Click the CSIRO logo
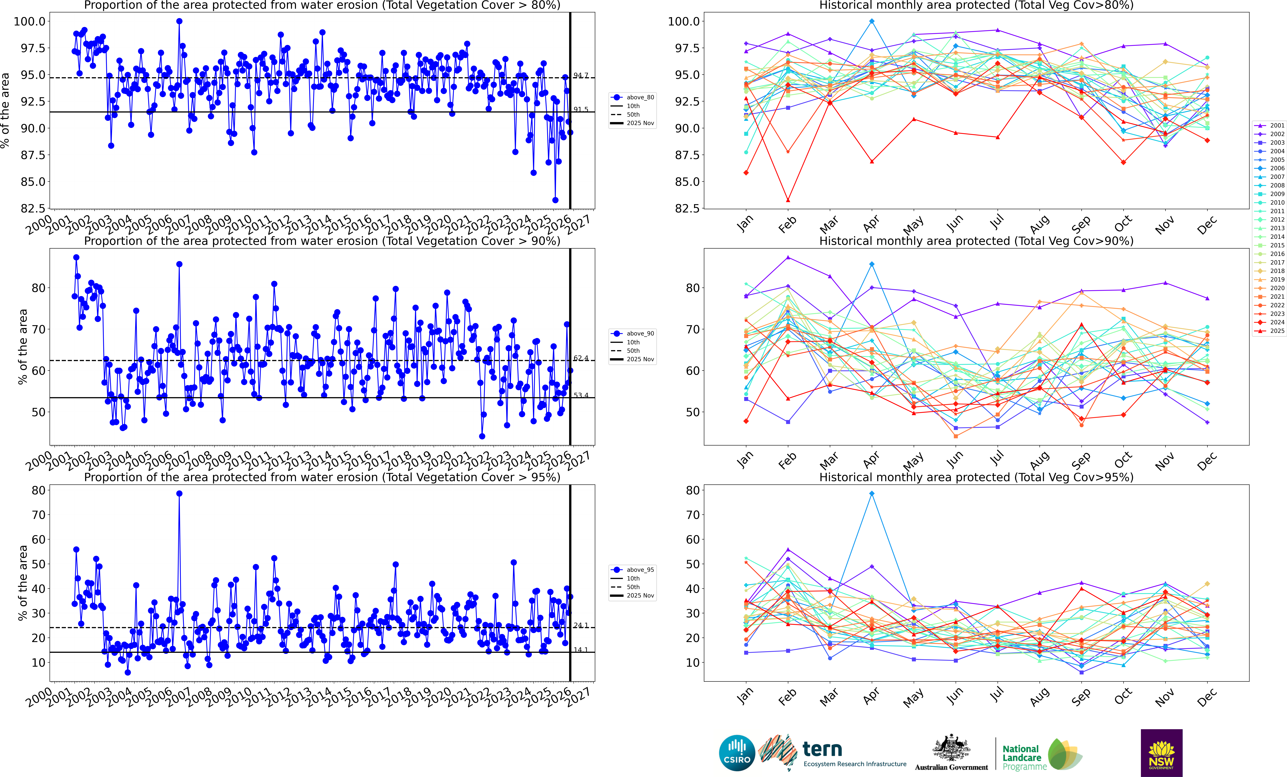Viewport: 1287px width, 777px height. tap(736, 753)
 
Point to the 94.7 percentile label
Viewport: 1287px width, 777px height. tap(581, 76)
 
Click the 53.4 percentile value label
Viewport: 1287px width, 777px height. tap(581, 395)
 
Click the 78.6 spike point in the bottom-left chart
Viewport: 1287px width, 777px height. tap(179, 493)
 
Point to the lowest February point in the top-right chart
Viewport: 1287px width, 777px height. tap(788, 200)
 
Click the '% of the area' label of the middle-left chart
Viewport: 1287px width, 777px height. tap(22, 346)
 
